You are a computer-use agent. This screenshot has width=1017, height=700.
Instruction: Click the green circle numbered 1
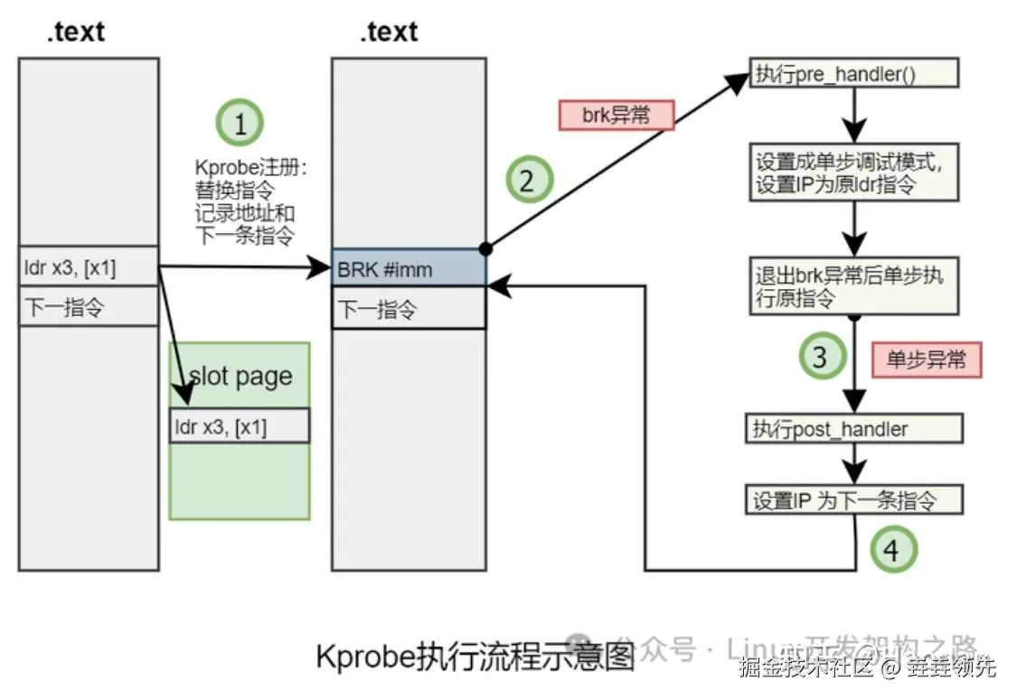(240, 124)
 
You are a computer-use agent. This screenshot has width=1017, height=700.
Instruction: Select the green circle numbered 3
(819, 357)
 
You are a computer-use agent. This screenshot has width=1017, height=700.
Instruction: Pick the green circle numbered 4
(891, 549)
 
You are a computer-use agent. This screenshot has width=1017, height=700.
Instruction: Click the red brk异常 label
(616, 116)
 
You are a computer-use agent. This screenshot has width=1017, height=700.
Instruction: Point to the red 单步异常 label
(926, 359)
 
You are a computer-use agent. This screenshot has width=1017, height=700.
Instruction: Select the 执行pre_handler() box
(852, 74)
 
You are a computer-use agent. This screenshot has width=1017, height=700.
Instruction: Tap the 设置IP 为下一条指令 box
(853, 499)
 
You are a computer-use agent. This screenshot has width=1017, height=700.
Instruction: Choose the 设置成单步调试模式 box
(852, 172)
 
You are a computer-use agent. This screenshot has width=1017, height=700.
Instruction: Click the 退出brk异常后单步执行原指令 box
(852, 285)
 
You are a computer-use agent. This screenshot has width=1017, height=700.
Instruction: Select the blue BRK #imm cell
(409, 269)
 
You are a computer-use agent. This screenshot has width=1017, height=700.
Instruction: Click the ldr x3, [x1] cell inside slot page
(240, 426)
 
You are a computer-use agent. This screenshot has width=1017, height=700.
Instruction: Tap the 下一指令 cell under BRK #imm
(409, 310)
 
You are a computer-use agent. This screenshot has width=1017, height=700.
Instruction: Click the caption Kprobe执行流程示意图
(476, 656)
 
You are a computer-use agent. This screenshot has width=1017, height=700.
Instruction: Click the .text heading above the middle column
(390, 32)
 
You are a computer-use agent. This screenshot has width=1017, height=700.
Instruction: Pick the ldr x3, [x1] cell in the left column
(89, 267)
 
